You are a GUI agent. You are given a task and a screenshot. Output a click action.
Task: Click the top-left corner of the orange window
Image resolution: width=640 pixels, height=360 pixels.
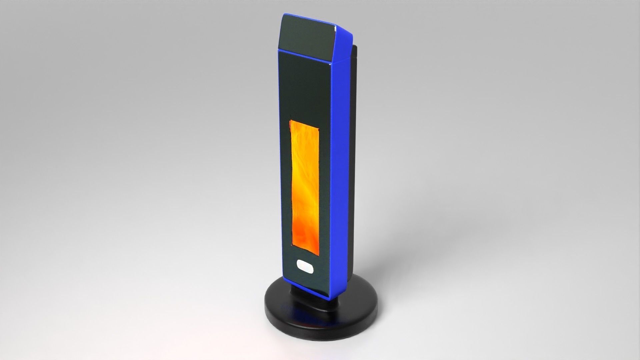pos(291,121)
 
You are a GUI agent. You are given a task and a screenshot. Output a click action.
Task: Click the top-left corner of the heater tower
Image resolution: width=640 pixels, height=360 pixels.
pos(283,15)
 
